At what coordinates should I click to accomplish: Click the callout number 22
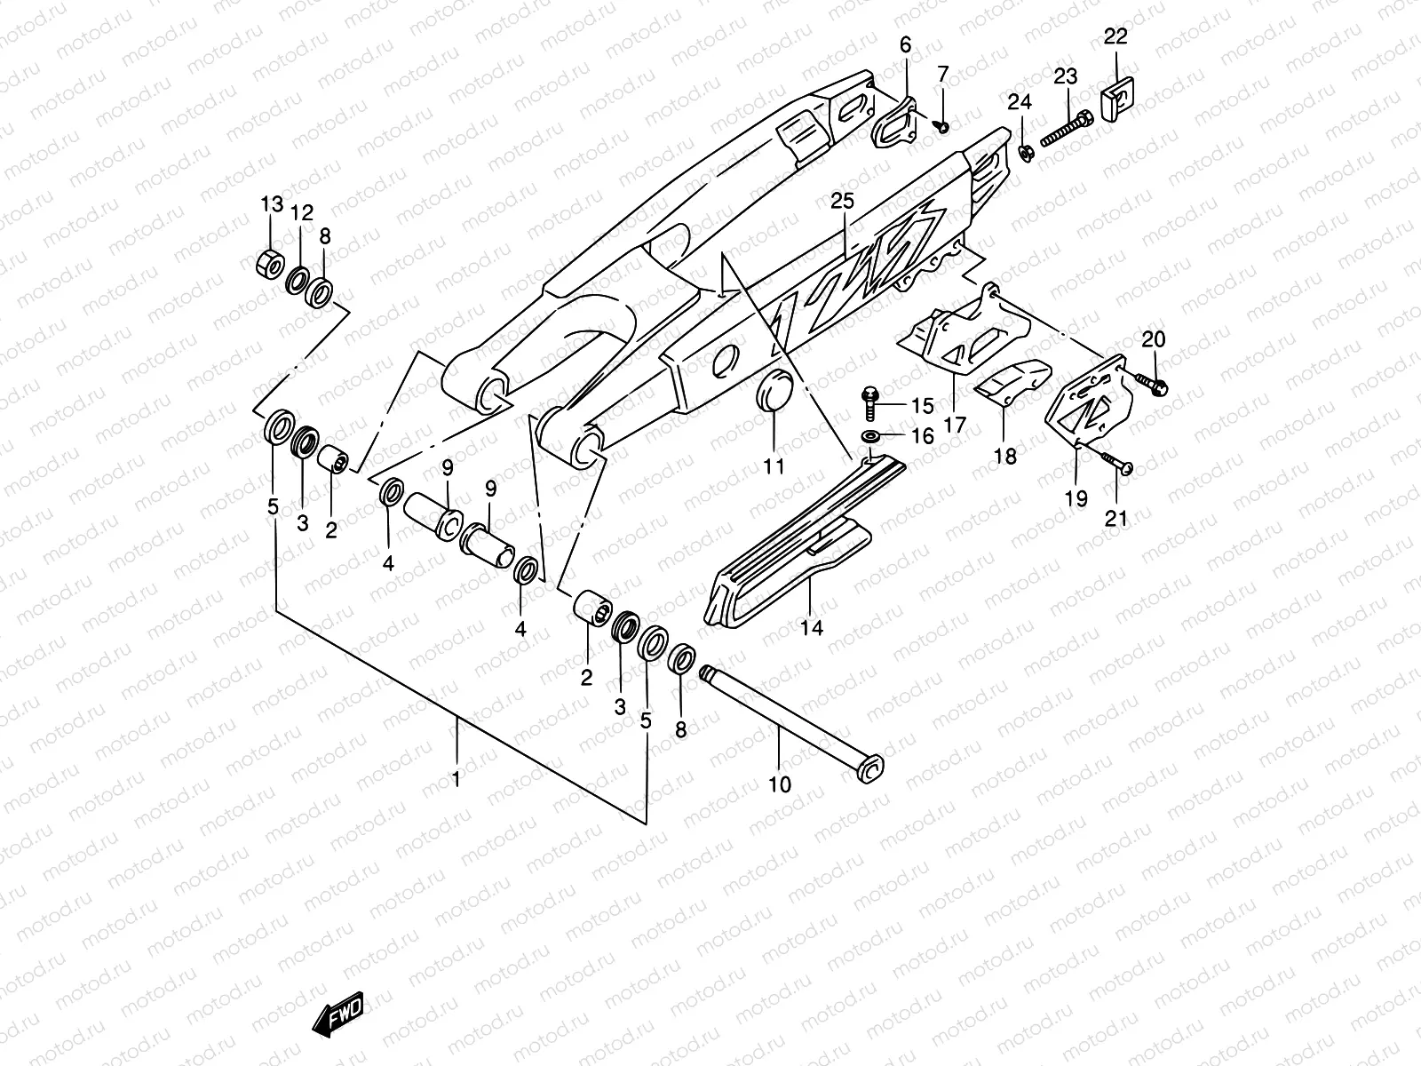point(1115,36)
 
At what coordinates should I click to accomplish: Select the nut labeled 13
point(271,263)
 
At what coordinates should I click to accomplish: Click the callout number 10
point(779,785)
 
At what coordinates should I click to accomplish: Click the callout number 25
point(842,202)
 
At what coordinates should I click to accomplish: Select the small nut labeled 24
point(1023,154)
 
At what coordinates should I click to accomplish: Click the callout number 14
point(811,628)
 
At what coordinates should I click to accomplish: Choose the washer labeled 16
point(870,436)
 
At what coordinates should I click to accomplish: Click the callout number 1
point(456,779)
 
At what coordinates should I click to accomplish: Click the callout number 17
point(954,426)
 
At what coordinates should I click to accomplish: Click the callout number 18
point(1005,457)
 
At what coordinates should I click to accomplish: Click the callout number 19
point(1076,498)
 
